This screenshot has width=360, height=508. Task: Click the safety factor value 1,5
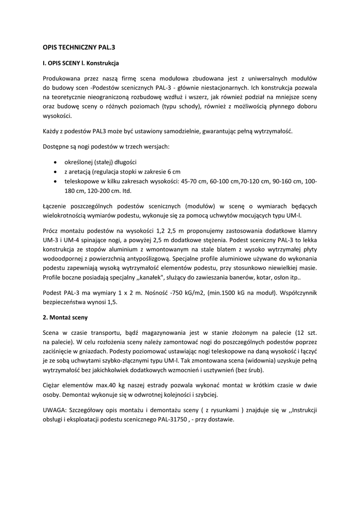113,302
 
